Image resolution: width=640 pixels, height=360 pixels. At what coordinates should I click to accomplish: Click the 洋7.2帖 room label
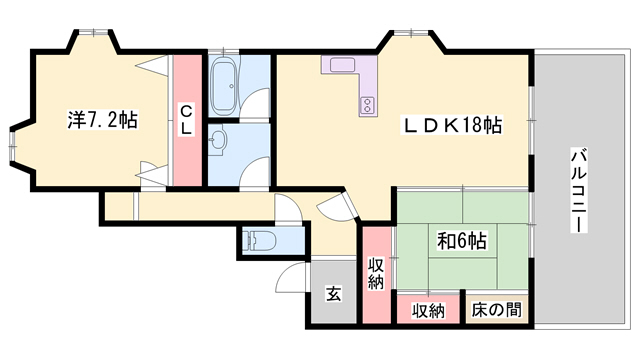point(102,120)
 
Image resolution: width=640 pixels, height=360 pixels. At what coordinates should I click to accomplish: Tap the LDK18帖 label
point(453,125)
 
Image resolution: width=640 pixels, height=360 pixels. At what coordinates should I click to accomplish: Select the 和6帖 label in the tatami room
point(462,241)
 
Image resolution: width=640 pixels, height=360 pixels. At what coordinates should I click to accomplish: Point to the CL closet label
point(187,120)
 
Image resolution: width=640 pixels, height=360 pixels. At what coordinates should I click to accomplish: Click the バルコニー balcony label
point(578,191)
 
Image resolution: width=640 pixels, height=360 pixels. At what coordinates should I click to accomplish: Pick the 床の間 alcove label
point(496,310)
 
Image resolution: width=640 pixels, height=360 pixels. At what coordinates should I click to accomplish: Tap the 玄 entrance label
point(333,293)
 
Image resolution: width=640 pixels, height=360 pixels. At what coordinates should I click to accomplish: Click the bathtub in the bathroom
point(224,85)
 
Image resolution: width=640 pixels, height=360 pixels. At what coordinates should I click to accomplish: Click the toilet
point(258,240)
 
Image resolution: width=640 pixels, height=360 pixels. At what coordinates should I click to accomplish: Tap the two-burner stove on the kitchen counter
point(367,104)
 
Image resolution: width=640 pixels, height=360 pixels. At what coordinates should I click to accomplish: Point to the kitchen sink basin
point(342,65)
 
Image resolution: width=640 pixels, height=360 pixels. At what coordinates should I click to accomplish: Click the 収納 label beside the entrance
point(376,274)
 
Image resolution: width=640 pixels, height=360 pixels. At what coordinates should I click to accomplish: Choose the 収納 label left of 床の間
point(428,312)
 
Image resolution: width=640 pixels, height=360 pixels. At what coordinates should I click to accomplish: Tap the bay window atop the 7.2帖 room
point(94,32)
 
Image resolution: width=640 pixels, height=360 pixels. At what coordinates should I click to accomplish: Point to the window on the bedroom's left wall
point(13,145)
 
